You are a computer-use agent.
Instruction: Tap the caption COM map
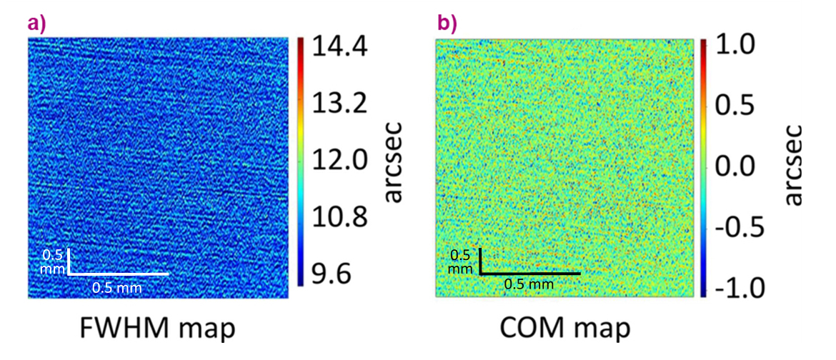pyautogui.click(x=564, y=329)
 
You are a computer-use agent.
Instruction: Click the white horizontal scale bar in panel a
pyautogui.click(x=119, y=274)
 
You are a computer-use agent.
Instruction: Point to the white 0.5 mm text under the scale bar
pyautogui.click(x=117, y=288)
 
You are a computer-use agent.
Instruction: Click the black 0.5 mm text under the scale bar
pyautogui.click(x=529, y=284)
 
